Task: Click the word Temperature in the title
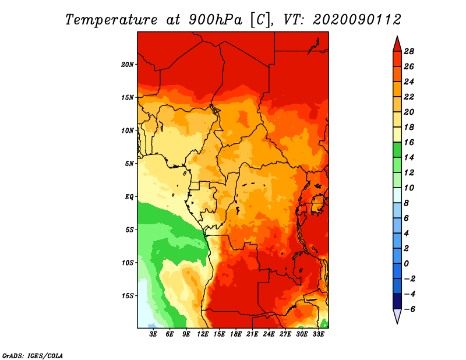tap(111, 20)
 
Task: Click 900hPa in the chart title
tap(216, 20)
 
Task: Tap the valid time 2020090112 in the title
tap(357, 20)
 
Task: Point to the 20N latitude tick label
tap(128, 65)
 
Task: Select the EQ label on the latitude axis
tap(129, 197)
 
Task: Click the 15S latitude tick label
tap(128, 296)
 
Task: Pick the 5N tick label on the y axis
tap(129, 164)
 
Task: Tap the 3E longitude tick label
tap(153, 334)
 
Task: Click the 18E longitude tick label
tap(236, 334)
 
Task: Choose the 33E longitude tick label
tap(318, 334)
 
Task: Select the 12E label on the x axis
tap(203, 334)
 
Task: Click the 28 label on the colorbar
tap(409, 51)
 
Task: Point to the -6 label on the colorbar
tap(409, 309)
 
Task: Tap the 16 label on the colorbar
tap(409, 142)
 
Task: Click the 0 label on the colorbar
tap(406, 264)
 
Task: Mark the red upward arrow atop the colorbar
tap(397, 44)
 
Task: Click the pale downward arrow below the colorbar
tap(397, 316)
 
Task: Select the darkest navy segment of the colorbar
tap(397, 301)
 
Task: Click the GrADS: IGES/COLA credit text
tap(33, 356)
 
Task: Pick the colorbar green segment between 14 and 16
tap(397, 150)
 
